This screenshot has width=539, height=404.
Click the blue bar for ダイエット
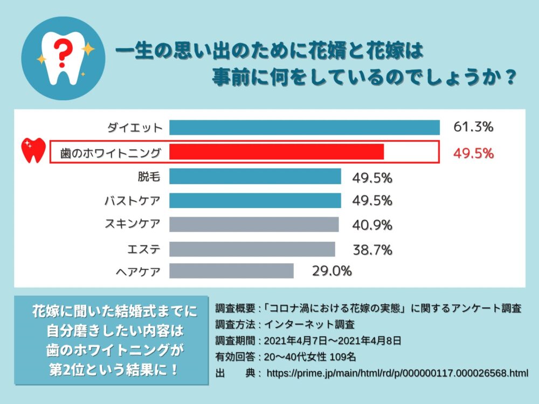point(305,127)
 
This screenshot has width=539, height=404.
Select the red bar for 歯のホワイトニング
point(277,152)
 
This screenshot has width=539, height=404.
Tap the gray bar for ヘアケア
point(231,271)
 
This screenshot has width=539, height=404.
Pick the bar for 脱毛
point(255,177)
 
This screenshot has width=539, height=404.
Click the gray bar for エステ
point(252,249)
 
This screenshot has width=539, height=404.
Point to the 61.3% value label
point(473,127)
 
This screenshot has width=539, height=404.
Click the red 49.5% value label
point(473,153)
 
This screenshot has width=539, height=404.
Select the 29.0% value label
point(331,271)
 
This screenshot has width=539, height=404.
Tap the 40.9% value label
point(372,225)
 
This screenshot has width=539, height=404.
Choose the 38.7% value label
point(372,249)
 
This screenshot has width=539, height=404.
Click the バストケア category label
point(132,201)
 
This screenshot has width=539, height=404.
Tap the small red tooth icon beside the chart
point(33,150)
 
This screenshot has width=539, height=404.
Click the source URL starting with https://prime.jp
point(397,373)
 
